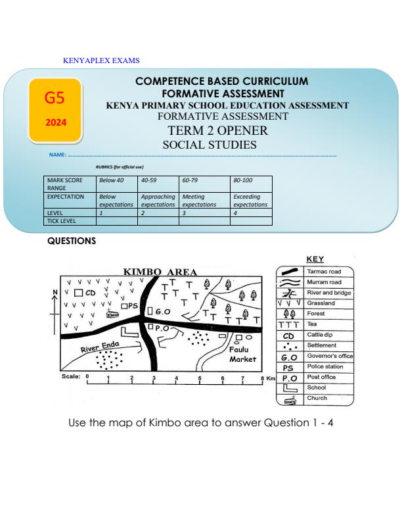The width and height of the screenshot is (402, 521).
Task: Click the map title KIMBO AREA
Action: pos(160,272)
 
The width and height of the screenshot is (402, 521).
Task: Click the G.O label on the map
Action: pos(163,311)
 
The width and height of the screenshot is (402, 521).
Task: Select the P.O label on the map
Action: pos(162,327)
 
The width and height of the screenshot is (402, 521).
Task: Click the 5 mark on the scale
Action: pos(200,378)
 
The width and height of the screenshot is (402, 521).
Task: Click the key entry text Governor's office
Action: pos(329,356)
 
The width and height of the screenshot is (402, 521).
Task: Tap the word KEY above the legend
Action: pos(315,259)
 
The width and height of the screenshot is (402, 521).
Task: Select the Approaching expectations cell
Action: pos(158,201)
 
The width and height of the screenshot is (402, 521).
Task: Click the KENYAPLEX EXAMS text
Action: pos(101,61)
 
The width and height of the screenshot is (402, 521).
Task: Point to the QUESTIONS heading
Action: pos(72,241)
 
